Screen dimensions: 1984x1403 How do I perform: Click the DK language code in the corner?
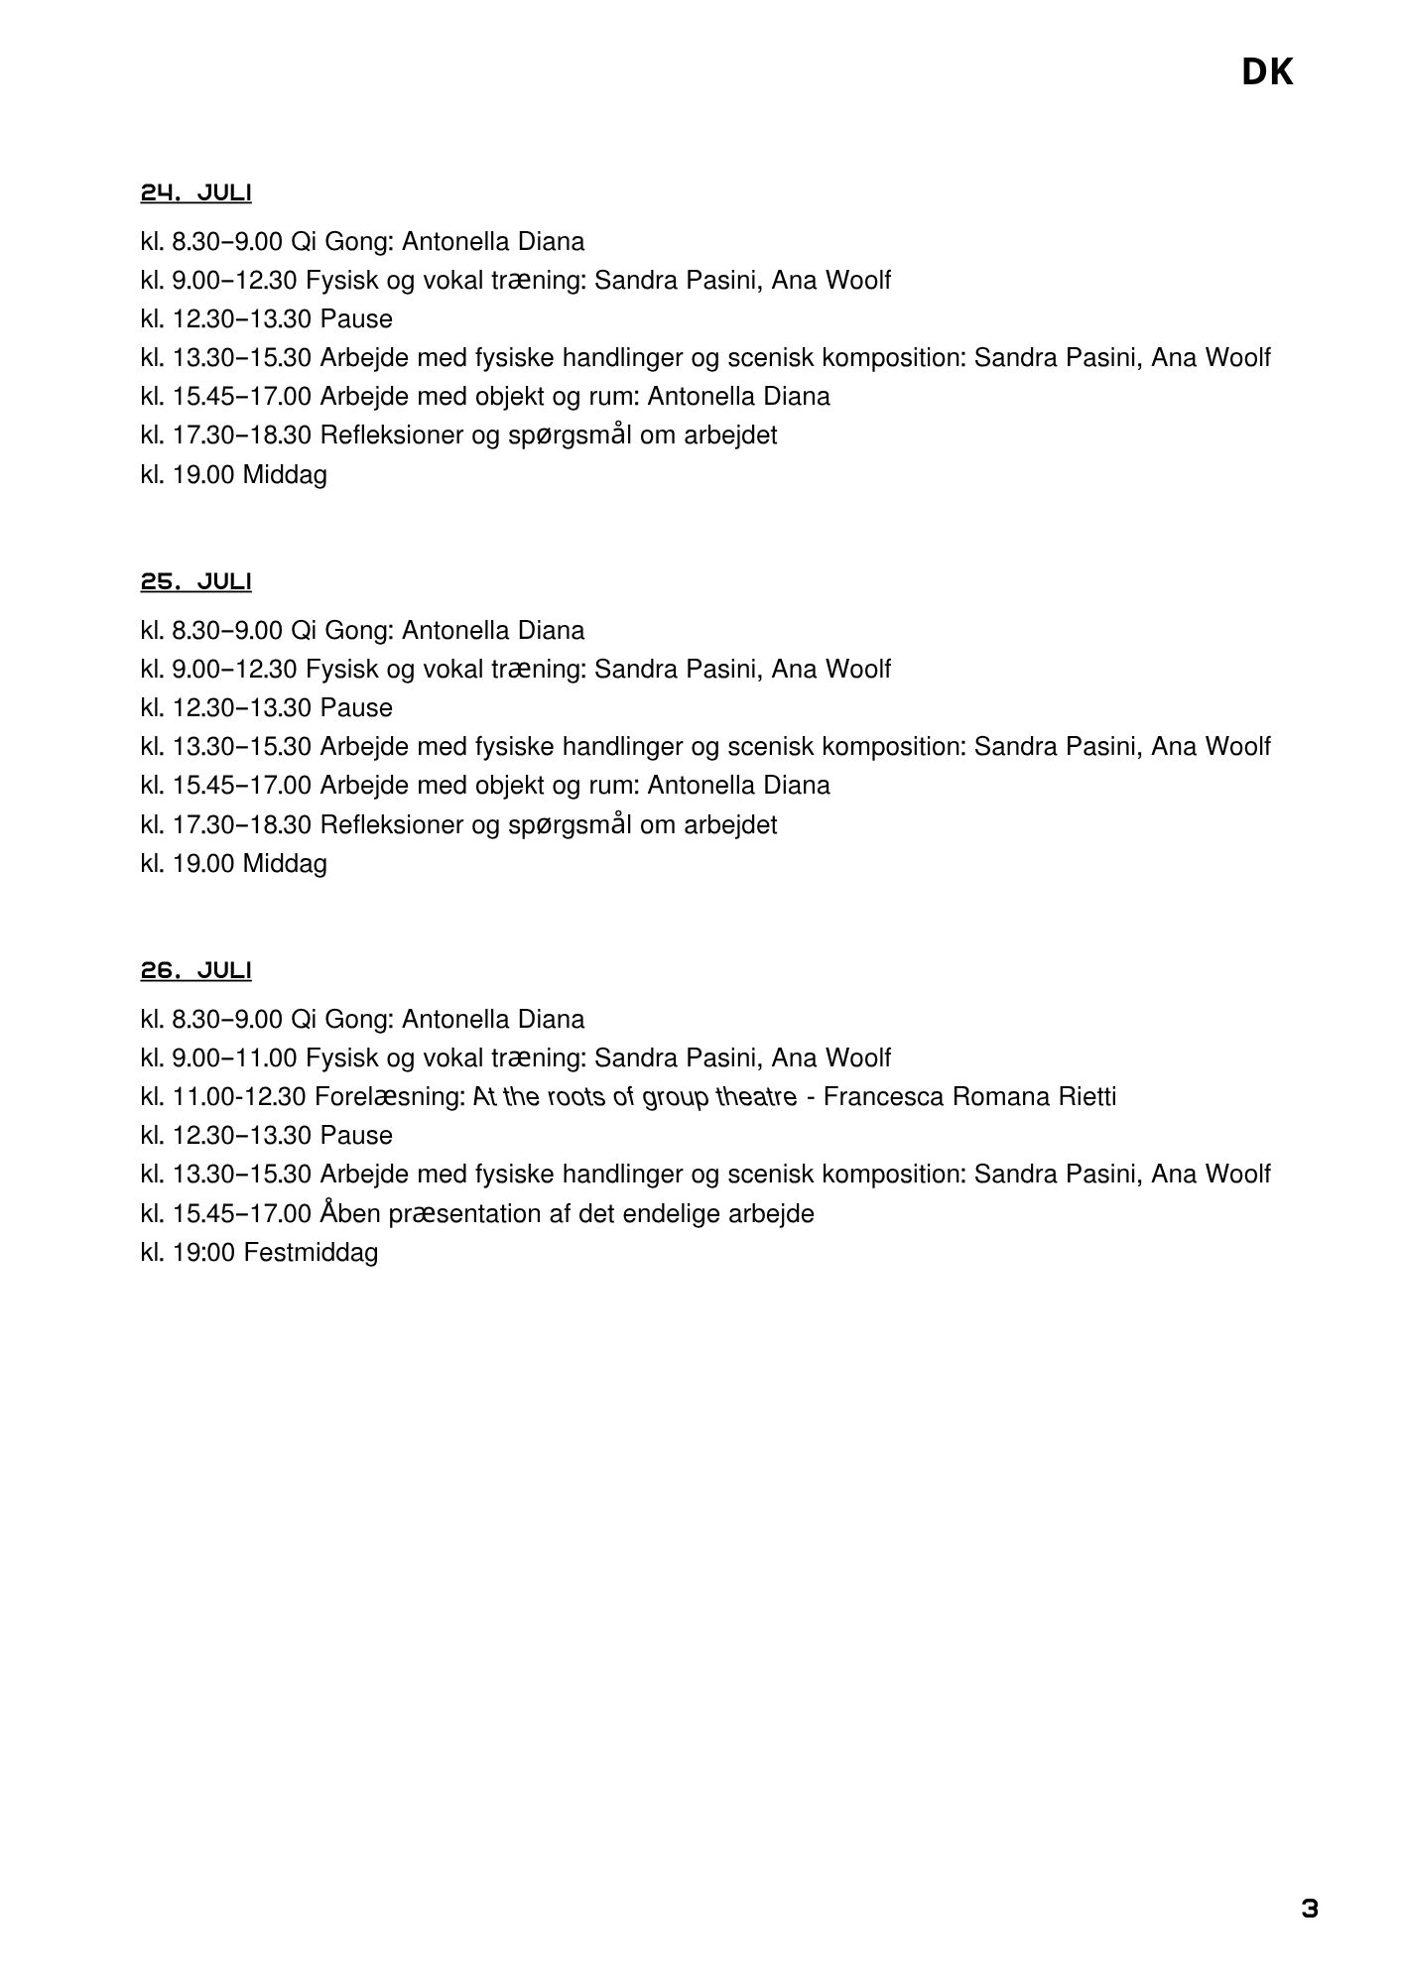pos(1267,72)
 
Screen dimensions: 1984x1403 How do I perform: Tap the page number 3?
pos(1310,1909)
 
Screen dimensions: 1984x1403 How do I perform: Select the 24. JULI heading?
pos(195,192)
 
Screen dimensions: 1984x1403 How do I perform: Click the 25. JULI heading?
pos(195,581)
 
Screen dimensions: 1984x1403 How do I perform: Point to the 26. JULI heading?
pos(195,970)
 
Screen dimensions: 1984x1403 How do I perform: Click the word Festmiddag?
pos(311,1253)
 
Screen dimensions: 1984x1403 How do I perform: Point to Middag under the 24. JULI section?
pos(285,475)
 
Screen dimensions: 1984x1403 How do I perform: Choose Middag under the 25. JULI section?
pos(285,864)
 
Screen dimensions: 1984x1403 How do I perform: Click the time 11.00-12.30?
pos(239,1097)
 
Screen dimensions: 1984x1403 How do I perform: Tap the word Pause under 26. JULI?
pos(356,1136)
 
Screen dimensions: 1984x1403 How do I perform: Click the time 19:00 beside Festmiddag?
pos(203,1253)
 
